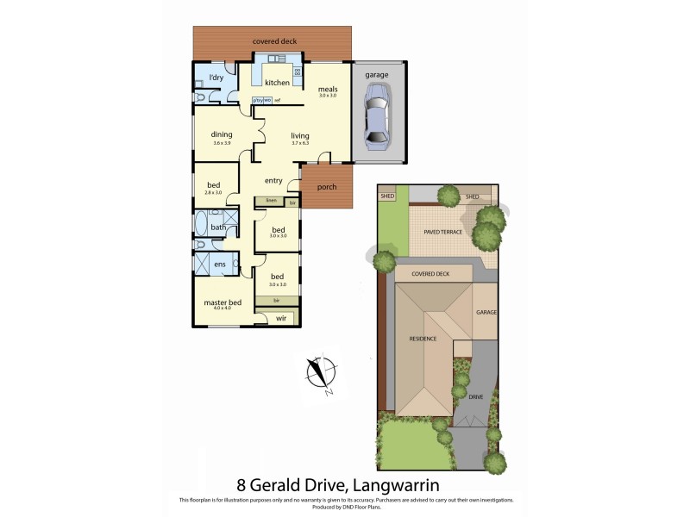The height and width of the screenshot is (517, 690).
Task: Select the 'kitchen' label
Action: [x=277, y=83]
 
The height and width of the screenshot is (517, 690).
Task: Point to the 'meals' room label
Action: [x=327, y=89]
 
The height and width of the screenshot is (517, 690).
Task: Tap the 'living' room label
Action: [x=299, y=135]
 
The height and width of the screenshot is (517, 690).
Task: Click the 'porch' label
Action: [x=327, y=187]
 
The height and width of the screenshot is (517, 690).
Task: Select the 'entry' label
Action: [x=273, y=180]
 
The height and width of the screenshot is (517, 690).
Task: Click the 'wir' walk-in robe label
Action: [x=280, y=319]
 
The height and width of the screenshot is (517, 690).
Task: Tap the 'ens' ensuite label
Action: [x=221, y=263]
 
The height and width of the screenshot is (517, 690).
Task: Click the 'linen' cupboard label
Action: [x=271, y=201]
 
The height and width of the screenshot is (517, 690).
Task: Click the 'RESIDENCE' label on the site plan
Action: [x=423, y=339]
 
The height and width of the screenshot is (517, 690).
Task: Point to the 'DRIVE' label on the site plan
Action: [x=475, y=397]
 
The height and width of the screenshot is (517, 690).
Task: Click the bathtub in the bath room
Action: [x=200, y=227]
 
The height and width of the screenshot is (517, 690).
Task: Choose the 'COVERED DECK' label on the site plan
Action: [x=431, y=273]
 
